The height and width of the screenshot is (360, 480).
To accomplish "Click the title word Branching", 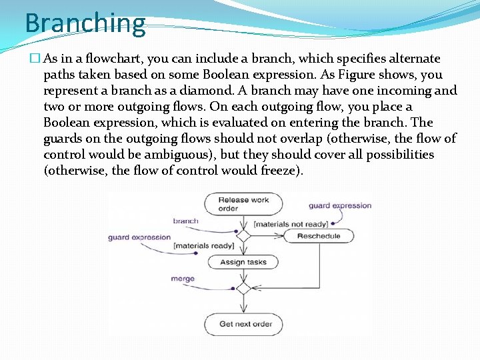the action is [x=85, y=23].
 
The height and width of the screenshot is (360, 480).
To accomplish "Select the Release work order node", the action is [x=243, y=204].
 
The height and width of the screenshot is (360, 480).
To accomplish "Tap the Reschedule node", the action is [x=319, y=236].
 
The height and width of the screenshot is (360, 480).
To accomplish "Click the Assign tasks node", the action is [x=243, y=262].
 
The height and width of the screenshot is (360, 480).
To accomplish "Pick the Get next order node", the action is [x=245, y=325].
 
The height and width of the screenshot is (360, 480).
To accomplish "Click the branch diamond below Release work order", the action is [x=243, y=236].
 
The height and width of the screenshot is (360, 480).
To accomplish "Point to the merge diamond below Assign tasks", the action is [x=243, y=289].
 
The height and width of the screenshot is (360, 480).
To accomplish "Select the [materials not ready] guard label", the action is [x=291, y=224].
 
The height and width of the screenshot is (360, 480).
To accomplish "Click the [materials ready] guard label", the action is [x=203, y=246].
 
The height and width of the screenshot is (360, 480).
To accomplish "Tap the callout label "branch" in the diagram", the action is [x=185, y=221].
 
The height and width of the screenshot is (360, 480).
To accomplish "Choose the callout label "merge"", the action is [x=183, y=279].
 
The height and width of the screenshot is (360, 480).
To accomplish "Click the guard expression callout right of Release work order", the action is [x=340, y=205].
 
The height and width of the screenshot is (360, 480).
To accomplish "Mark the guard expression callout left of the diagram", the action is [x=139, y=237].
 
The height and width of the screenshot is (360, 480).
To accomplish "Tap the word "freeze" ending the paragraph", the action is [x=277, y=171].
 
